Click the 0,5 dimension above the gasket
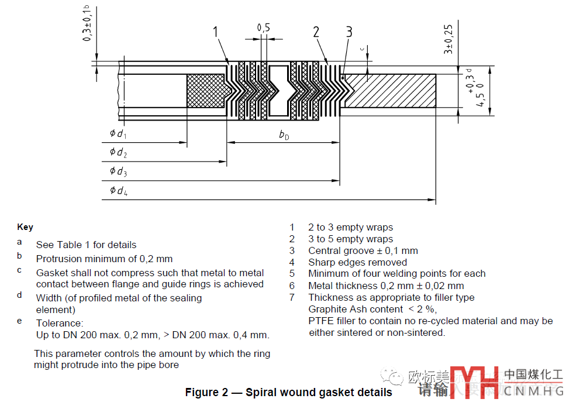click(x=264, y=28)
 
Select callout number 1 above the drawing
click(x=216, y=32)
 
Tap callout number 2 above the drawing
click(x=316, y=32)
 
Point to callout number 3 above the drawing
click(x=349, y=32)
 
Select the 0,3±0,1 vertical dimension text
click(x=87, y=23)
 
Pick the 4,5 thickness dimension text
click(x=481, y=97)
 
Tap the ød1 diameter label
click(x=118, y=134)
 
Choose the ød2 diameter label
click(x=118, y=153)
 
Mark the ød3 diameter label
click(x=118, y=171)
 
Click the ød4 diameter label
click(x=118, y=190)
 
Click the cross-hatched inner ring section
click(x=205, y=91)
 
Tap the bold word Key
click(x=25, y=227)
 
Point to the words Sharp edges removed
click(x=357, y=262)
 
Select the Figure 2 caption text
click(x=288, y=392)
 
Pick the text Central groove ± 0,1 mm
click(x=363, y=250)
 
